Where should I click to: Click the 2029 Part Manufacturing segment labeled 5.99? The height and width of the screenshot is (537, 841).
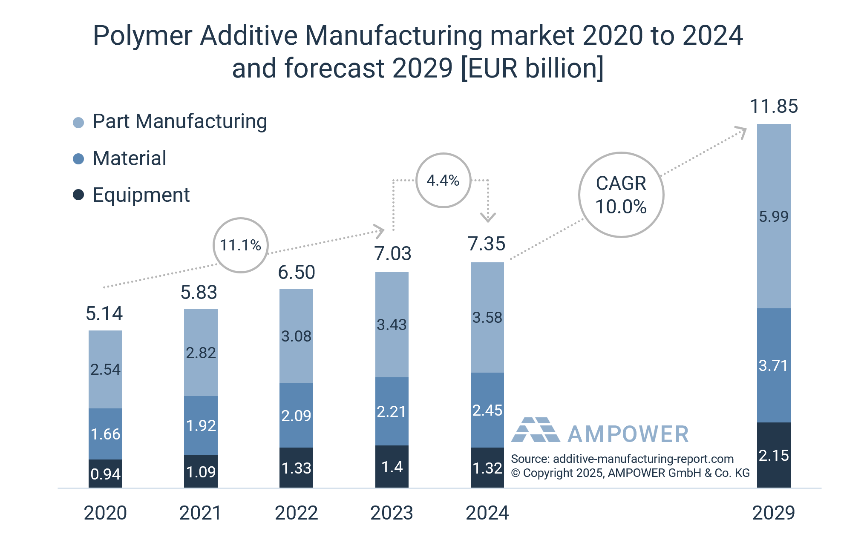point(773,216)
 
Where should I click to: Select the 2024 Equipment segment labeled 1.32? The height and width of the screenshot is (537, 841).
point(487,468)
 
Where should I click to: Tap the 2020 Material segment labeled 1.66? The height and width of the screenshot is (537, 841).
point(105,434)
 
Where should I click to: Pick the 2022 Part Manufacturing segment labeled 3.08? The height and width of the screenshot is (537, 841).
point(296,336)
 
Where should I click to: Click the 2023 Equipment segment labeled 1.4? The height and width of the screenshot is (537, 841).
point(392,467)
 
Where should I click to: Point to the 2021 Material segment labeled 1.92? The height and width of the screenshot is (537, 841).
point(201,425)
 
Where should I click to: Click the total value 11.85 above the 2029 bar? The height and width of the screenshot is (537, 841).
point(773,106)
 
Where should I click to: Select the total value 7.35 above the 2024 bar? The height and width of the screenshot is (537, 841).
point(487,244)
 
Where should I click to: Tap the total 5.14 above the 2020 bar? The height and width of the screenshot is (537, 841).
point(104,314)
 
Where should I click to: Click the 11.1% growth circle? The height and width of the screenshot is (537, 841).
point(241,245)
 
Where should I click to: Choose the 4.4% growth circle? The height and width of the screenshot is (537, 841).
point(443,181)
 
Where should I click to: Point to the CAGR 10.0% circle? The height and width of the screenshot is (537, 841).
point(621,195)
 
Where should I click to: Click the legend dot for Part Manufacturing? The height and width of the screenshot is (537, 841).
point(78,123)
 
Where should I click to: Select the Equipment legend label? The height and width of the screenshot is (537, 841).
point(141,195)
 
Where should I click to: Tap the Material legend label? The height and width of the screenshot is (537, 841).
point(130,158)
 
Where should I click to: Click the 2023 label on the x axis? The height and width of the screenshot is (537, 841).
point(392,513)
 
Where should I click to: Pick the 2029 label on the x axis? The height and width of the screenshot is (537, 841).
point(773,513)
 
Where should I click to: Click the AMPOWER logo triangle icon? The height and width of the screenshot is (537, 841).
point(536,430)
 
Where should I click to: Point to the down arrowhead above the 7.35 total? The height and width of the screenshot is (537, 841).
point(488,218)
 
